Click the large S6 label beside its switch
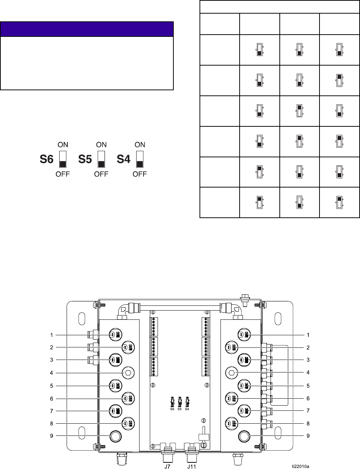coord(47,160)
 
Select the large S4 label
coord(124,160)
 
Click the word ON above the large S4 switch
coord(140,144)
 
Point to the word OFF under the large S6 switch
coord(63,174)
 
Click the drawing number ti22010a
coord(300,465)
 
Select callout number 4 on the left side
coord(52,373)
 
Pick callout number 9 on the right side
coord(308,436)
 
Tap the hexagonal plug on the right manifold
coord(231,372)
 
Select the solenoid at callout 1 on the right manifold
coord(244,335)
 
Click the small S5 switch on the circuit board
coord(180,401)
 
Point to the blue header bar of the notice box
coord(87,29)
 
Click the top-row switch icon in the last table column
coord(339,50)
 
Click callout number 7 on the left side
coord(52,411)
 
